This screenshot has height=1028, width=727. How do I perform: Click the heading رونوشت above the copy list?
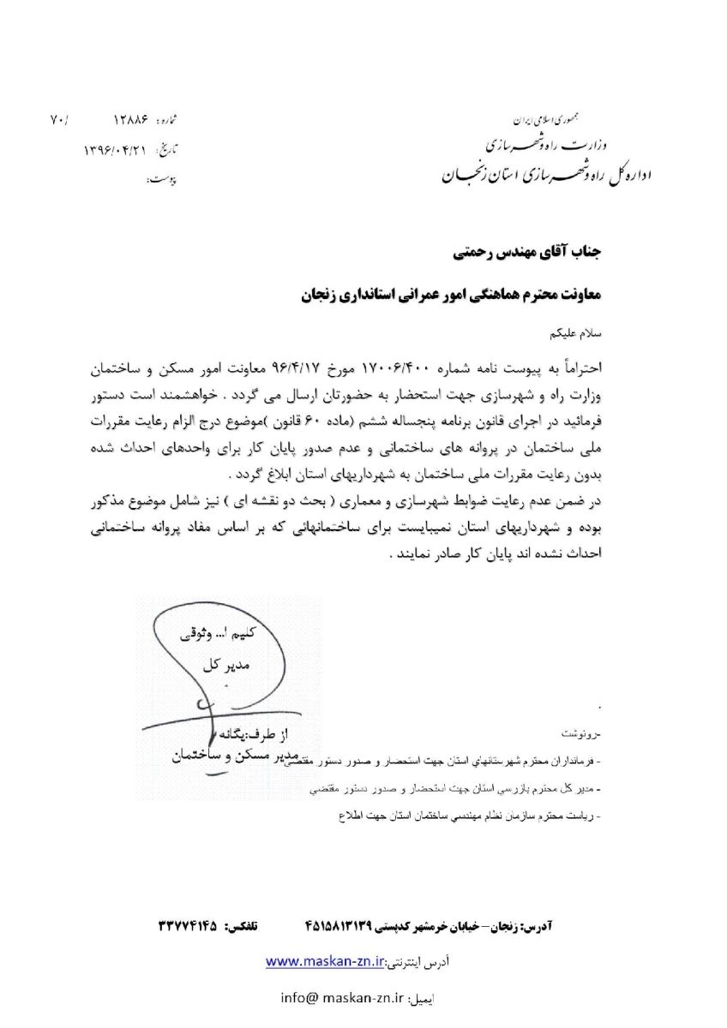point(582,735)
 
